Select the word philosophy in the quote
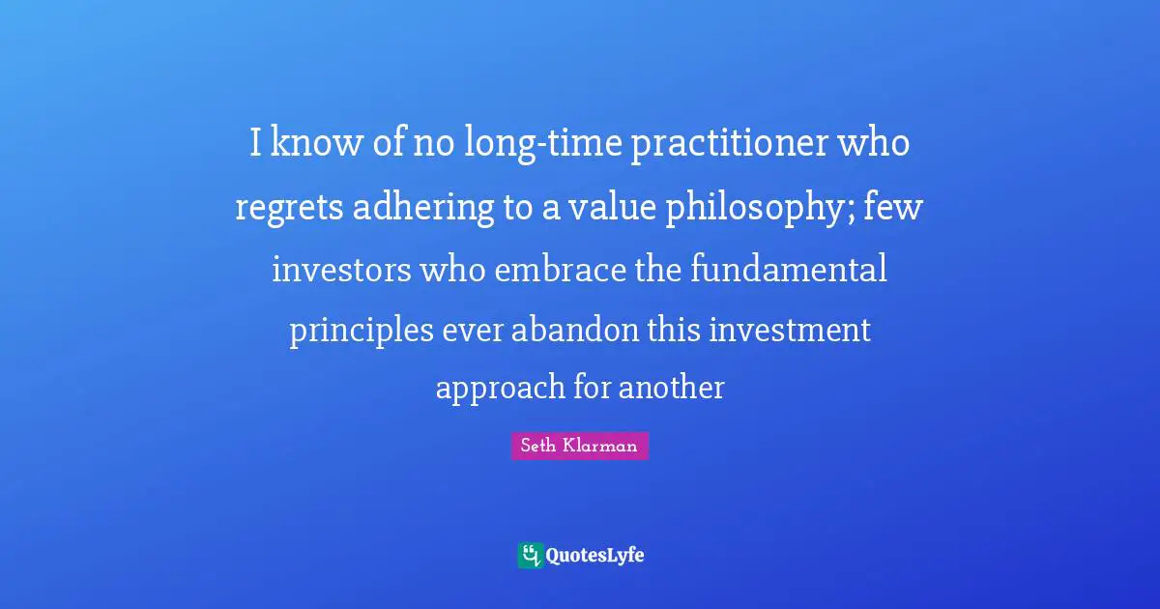751,207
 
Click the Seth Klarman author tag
580,446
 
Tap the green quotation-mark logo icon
530,555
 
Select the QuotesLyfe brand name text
594,556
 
